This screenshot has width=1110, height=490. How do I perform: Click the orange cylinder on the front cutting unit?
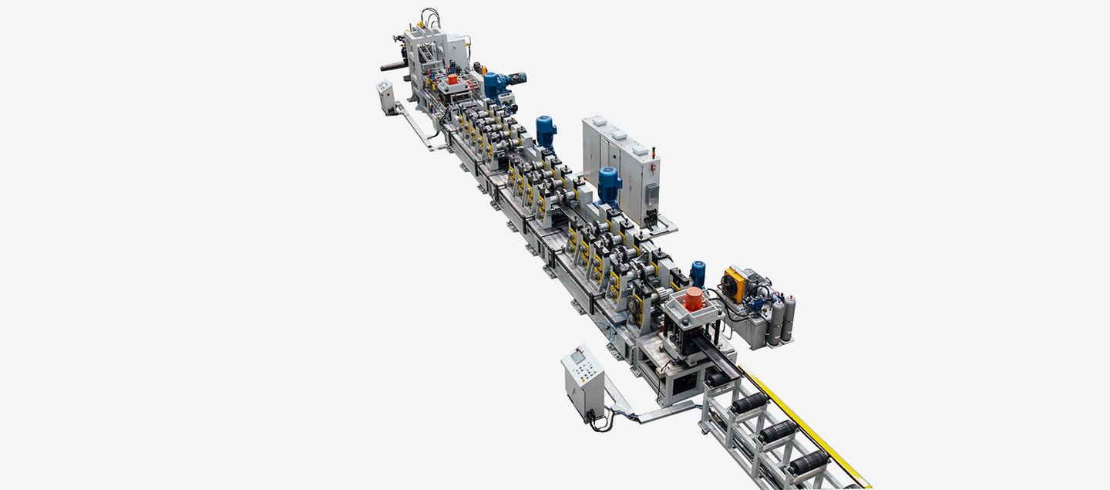coord(694,299)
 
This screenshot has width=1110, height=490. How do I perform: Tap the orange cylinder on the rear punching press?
coord(452,79)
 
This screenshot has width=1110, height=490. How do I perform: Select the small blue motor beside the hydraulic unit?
coord(698,272)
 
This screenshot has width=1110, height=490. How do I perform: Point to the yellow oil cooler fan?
coord(733,284)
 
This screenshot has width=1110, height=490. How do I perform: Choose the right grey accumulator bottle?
coord(789,317)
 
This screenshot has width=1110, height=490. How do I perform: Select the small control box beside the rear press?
coord(385,96)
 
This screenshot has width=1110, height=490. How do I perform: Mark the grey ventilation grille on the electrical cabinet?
coord(651,194)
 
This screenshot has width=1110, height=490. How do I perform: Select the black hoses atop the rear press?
coord(429,17)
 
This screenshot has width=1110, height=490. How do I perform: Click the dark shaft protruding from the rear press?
coord(393,66)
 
